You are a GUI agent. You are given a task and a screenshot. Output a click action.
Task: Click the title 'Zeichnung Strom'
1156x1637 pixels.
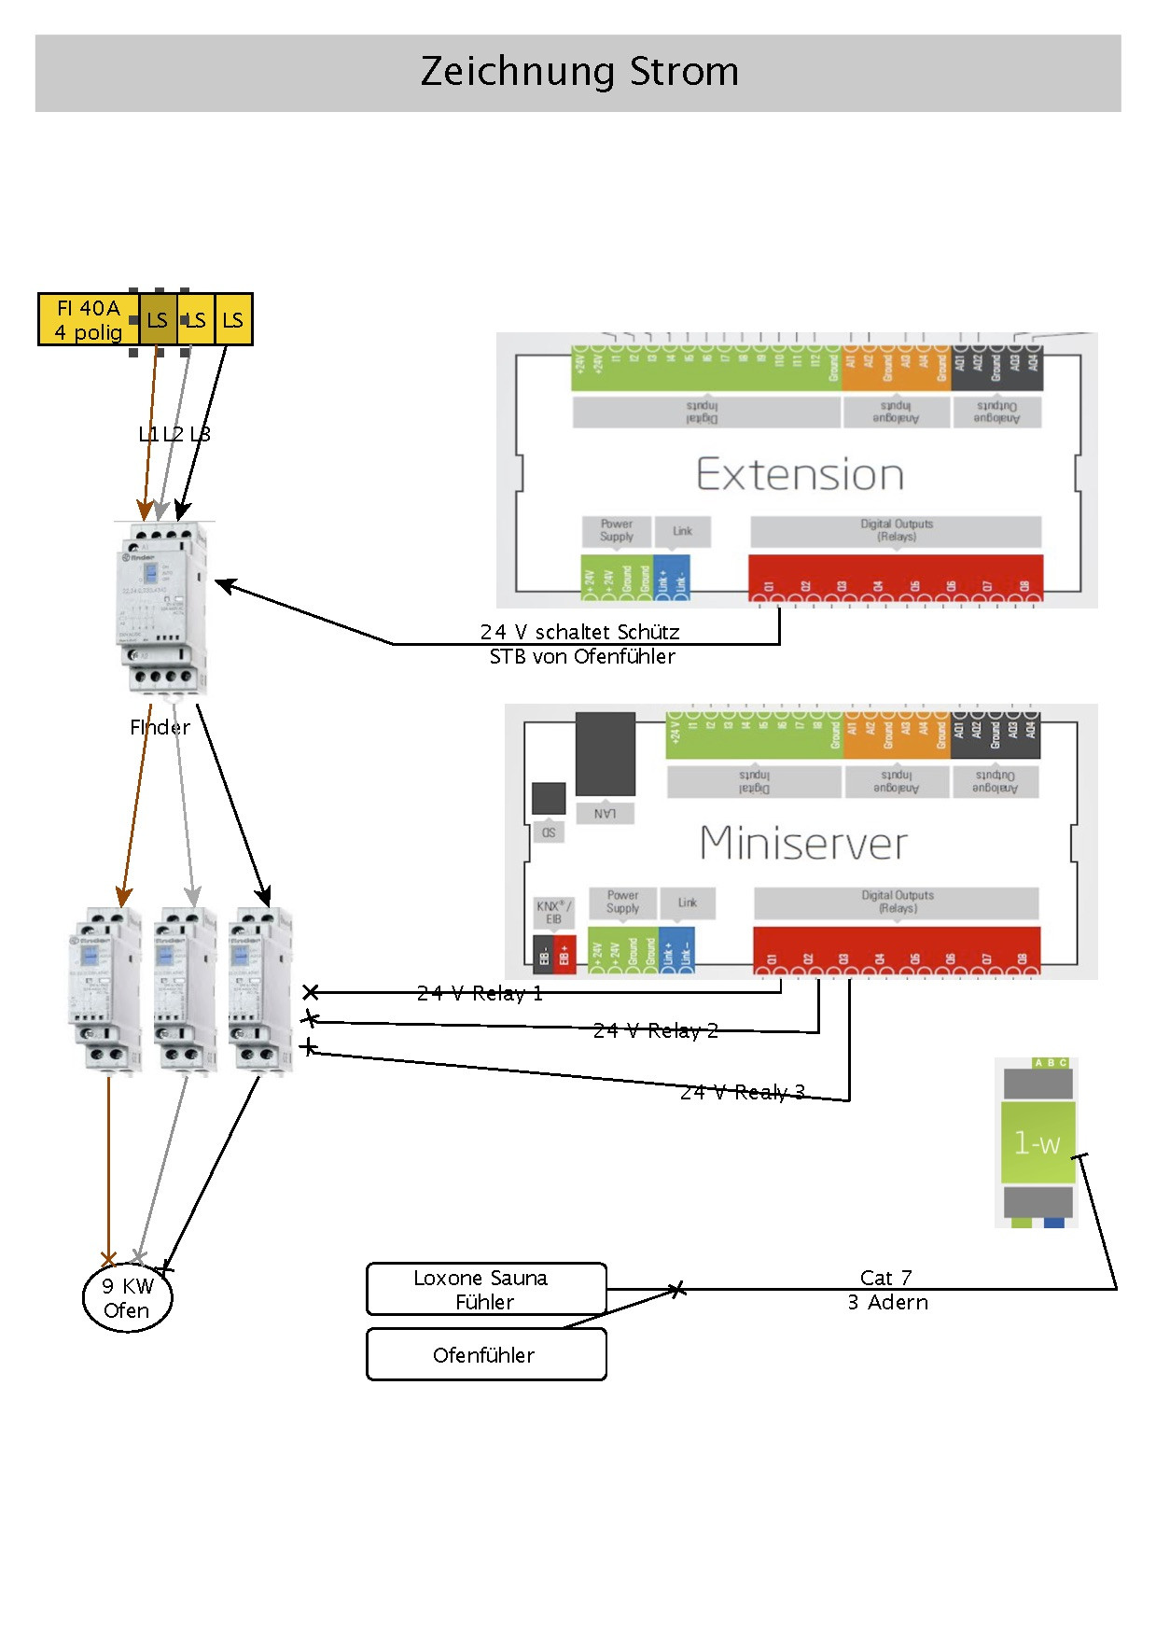pos(578,72)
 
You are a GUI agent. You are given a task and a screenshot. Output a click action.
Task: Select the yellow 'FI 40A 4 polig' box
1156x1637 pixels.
pos(89,319)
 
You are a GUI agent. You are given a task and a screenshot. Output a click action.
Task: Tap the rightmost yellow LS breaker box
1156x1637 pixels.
pos(233,320)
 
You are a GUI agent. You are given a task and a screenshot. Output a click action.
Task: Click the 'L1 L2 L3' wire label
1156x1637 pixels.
pos(174,434)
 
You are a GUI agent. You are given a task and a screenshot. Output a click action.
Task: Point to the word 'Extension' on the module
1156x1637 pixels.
pos(800,474)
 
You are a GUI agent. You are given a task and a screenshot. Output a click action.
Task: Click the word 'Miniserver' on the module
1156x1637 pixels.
pos(803,843)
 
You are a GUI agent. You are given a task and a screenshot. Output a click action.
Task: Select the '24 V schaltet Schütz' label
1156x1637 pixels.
pos(579,632)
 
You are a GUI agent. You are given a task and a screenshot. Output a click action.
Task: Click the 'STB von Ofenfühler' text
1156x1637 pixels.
pos(582,656)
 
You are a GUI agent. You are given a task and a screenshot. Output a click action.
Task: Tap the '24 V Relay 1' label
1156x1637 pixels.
pos(480,993)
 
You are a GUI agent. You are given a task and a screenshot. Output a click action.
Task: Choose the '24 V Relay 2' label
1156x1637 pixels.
pos(656,1030)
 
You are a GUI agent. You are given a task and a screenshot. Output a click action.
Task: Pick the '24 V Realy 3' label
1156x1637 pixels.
pos(743,1092)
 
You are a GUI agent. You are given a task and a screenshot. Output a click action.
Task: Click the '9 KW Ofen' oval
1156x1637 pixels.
pos(127,1297)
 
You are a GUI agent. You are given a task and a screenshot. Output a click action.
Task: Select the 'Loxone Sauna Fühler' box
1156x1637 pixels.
pos(486,1289)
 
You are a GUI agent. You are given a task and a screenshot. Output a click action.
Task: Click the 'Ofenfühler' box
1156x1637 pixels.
pos(486,1354)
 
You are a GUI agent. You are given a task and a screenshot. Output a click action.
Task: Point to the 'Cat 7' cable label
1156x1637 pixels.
pos(885,1277)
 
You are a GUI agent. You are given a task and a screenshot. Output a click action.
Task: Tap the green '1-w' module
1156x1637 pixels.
pos(1038,1142)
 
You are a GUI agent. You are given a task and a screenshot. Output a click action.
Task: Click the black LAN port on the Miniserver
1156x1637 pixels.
pos(605,754)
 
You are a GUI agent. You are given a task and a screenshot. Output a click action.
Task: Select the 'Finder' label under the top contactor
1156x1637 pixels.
pos(160,727)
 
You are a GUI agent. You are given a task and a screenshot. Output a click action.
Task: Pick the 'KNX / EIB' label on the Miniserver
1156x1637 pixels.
pos(553,912)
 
